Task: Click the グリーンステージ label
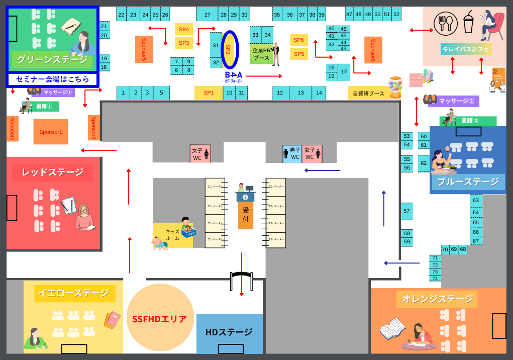pyautogui.click(x=52, y=60)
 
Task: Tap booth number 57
pyautogui.click(x=407, y=211)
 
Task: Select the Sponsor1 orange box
pyautogui.click(x=51, y=132)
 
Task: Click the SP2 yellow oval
pyautogui.click(x=230, y=49)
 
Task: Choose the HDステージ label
pyautogui.click(x=229, y=332)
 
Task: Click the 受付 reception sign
pyautogui.click(x=246, y=215)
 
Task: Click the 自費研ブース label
pyautogui.click(x=368, y=93)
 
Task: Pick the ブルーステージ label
pyautogui.click(x=468, y=182)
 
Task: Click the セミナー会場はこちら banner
pyautogui.click(x=53, y=79)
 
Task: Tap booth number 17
pyautogui.click(x=344, y=72)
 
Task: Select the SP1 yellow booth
pyautogui.click(x=209, y=93)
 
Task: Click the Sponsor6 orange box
pyautogui.click(x=373, y=50)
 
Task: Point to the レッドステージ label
pyautogui.click(x=53, y=172)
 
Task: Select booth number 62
pyautogui.click(x=424, y=163)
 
